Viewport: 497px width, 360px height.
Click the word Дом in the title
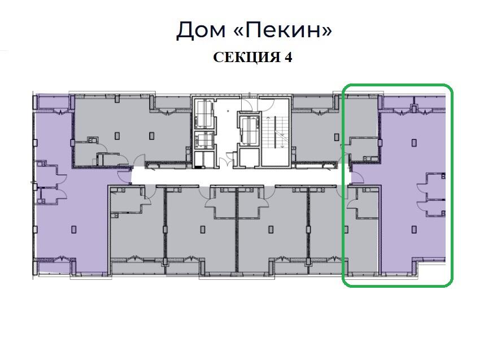click(x=201, y=30)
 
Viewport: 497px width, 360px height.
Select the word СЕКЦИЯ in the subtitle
click(x=247, y=58)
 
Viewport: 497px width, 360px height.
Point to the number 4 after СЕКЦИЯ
click(x=288, y=57)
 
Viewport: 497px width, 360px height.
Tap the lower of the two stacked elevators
click(x=204, y=141)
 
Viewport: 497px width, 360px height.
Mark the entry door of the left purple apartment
click(x=123, y=177)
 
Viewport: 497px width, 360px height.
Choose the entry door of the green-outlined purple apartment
click(x=357, y=177)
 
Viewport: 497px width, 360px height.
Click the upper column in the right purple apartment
click(x=414, y=143)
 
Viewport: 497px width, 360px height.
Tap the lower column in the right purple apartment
click(x=414, y=229)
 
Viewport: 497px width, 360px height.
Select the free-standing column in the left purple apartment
click(x=74, y=229)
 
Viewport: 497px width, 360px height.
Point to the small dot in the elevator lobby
click(x=228, y=111)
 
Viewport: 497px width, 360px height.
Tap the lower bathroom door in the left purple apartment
click(x=62, y=194)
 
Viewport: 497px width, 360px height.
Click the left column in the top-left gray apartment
click(x=117, y=136)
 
